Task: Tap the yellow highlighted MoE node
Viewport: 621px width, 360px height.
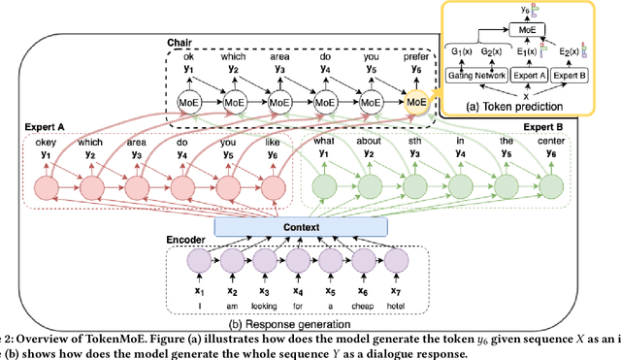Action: (415, 102)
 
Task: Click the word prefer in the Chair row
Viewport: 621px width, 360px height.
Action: (415, 57)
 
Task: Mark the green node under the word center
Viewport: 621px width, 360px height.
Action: (551, 187)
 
